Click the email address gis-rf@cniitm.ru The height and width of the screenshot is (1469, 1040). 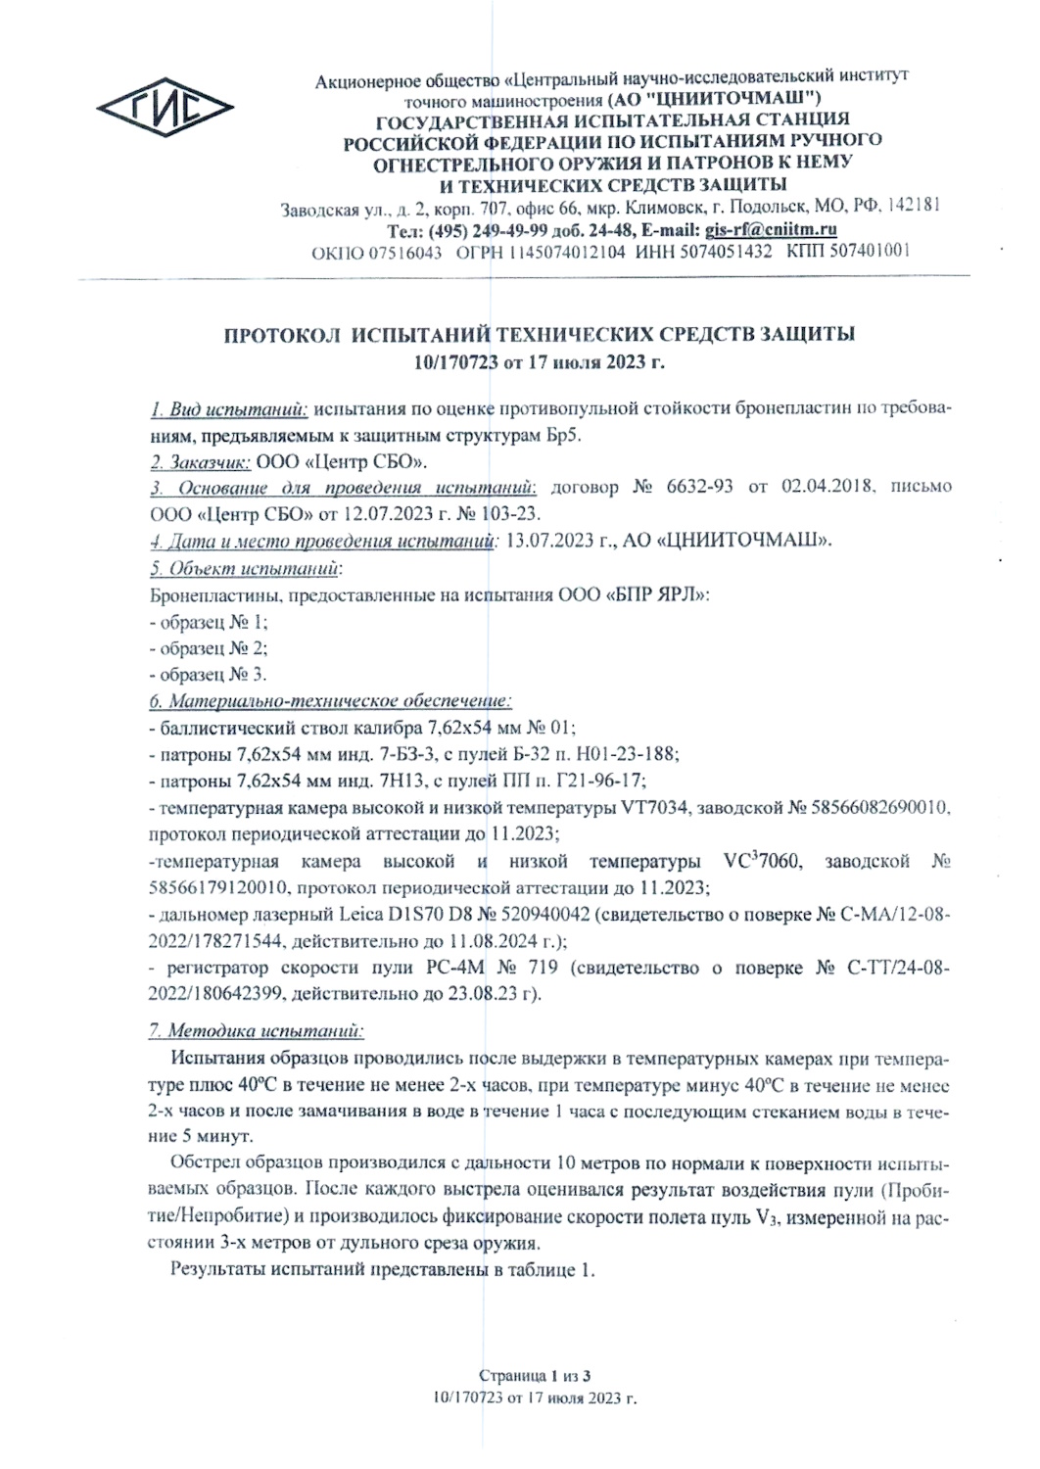771,230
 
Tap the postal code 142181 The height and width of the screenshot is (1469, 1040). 913,207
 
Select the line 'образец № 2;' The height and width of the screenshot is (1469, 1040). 209,647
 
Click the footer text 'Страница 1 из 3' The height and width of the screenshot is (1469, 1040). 537,1376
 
